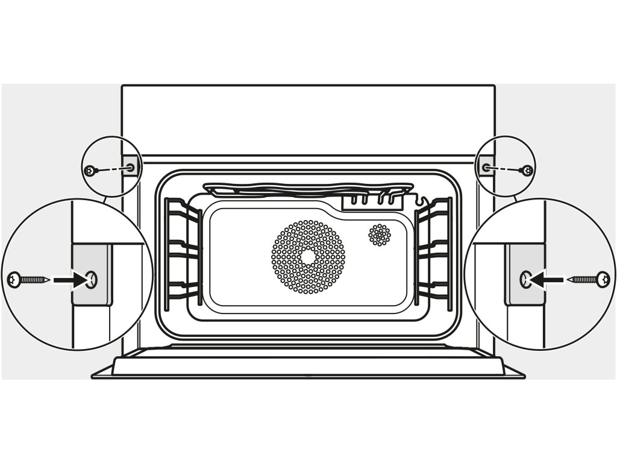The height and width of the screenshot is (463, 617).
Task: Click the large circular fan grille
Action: point(308,257)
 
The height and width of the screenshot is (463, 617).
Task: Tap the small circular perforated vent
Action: point(380,235)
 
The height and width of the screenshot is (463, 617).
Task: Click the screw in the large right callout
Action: point(589,279)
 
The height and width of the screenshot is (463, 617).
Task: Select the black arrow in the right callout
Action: point(548,279)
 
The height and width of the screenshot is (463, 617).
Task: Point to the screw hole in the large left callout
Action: point(91,279)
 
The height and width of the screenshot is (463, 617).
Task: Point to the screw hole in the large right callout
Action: point(525,279)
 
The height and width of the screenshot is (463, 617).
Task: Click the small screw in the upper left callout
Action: point(90,171)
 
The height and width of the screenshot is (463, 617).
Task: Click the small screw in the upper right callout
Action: point(527,171)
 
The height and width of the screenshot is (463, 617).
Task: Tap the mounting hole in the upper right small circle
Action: point(486,166)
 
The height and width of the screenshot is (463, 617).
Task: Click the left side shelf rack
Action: point(181,247)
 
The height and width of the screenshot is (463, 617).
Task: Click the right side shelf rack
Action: point(434,247)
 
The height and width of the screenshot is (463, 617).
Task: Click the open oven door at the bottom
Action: point(308,365)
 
